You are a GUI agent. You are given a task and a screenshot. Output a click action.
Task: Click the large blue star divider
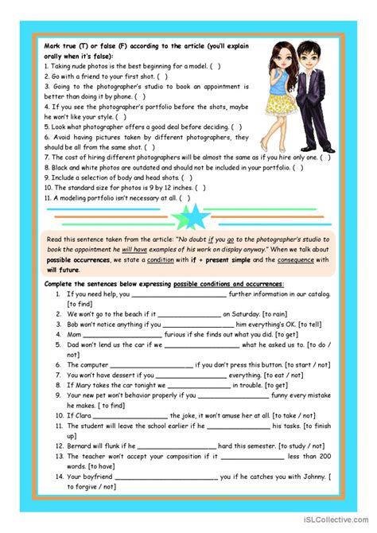(192, 216)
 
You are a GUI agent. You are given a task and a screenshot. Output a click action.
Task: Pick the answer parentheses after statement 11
(185, 198)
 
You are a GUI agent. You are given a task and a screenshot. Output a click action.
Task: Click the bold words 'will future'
(64, 270)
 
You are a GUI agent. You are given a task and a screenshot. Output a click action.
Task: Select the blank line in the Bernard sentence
(177, 446)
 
